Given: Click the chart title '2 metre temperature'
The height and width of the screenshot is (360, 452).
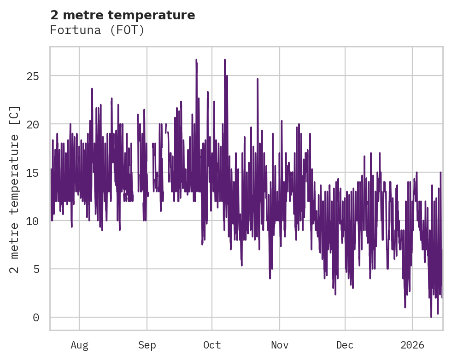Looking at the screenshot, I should pyautogui.click(x=123, y=15).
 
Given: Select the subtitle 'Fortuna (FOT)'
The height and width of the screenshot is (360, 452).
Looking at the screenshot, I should pyautogui.click(x=97, y=30).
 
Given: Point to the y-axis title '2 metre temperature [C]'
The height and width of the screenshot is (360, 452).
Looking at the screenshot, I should pyautogui.click(x=15, y=189).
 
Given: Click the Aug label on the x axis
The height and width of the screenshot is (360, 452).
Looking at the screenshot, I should pyautogui.click(x=79, y=345).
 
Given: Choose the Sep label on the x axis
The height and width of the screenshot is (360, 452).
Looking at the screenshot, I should pyautogui.click(x=147, y=345).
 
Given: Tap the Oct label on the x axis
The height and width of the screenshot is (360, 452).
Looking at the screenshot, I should pyautogui.click(x=212, y=345).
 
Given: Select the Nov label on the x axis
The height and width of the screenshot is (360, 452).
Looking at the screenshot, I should pyautogui.click(x=280, y=345).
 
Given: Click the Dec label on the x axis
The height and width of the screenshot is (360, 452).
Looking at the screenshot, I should pyautogui.click(x=345, y=345).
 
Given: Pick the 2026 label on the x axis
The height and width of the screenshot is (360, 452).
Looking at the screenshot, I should pyautogui.click(x=412, y=345).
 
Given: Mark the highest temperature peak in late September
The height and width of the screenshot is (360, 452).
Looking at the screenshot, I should pyautogui.click(x=196, y=60).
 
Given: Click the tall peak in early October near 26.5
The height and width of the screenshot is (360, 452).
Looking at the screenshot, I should pyautogui.click(x=225, y=60).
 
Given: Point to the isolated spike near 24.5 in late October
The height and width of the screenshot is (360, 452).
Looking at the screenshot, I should pyautogui.click(x=258, y=79).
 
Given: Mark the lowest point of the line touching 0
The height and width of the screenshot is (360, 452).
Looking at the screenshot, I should pyautogui.click(x=431, y=317).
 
